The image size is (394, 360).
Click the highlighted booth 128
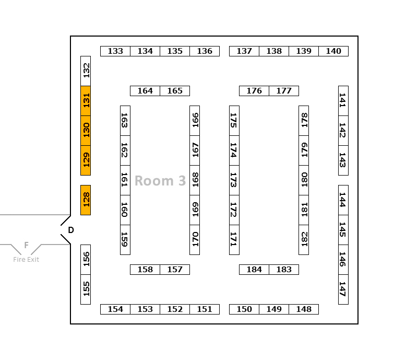coord(86,200)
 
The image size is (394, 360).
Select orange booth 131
coord(86,100)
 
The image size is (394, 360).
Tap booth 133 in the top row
coord(115,51)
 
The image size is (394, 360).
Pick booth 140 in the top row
coord(333,51)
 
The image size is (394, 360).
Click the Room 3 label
coord(160,181)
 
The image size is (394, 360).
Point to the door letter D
coord(71,230)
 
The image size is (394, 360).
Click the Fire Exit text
coord(26,259)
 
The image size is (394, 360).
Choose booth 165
coord(175,91)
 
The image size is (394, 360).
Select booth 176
coord(254,91)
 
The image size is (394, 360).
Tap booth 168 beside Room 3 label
coord(195,180)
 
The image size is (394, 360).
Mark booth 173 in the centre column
coord(234,180)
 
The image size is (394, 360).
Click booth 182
coord(304,239)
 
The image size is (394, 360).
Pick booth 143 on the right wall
coord(343,160)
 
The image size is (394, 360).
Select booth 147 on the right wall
coord(343,289)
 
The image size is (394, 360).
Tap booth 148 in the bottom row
coord(304,309)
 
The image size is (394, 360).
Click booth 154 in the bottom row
coord(115,309)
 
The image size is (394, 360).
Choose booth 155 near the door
coord(86,289)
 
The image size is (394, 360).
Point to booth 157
coord(175,270)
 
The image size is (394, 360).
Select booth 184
coord(254,270)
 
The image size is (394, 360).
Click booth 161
coord(125,180)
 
